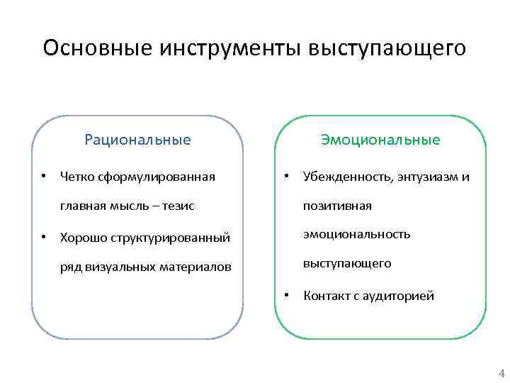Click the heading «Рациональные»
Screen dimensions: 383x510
(137, 140)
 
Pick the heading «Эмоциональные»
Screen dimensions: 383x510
(380, 140)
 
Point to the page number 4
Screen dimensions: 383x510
(501, 373)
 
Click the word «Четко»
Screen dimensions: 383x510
(76, 176)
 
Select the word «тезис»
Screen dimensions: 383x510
(178, 206)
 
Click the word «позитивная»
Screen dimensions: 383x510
(337, 206)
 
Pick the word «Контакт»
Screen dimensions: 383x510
(327, 296)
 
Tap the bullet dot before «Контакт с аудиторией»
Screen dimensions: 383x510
(286, 295)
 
